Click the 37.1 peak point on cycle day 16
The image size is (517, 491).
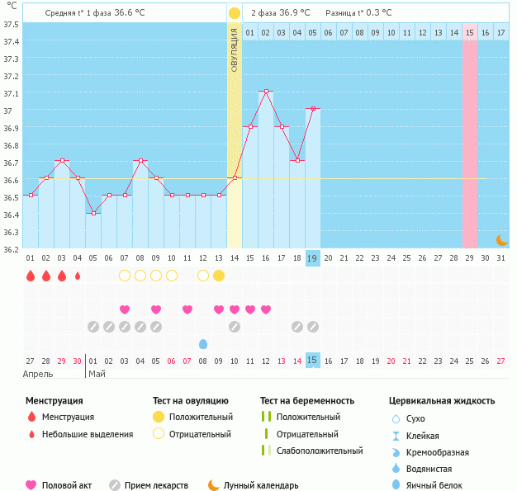pos(266,92)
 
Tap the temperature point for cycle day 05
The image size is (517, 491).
pos(93,213)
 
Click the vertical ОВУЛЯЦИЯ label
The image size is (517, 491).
pos(235,50)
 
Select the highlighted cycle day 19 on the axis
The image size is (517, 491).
pos(313,258)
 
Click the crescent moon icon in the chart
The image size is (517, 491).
pos(500,240)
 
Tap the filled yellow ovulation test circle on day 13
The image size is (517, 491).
pos(219,276)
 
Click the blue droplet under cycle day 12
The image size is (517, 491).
pos(203,343)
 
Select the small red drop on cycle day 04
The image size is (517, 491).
pos(78,276)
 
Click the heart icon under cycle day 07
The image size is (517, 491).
pos(125,309)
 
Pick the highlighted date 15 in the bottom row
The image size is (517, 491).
pos(313,361)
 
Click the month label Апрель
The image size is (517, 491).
pos(38,373)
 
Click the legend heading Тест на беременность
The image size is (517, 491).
pos(307,401)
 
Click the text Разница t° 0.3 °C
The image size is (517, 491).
pos(358,13)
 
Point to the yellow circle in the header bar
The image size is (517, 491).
pos(235,13)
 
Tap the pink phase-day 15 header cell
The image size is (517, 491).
pos(469,32)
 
